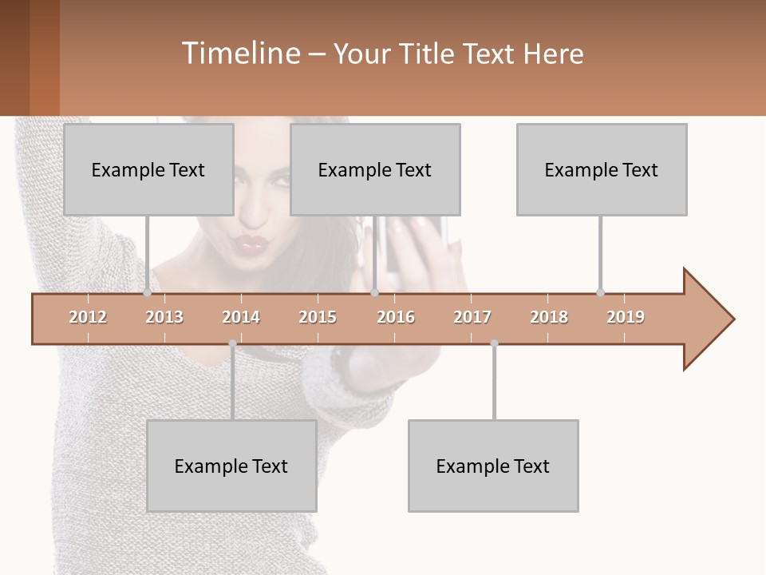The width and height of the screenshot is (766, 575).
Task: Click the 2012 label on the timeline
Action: [x=88, y=317]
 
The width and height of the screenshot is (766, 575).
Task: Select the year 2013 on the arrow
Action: [x=164, y=317]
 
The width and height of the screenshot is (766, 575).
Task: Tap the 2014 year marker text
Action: [x=241, y=317]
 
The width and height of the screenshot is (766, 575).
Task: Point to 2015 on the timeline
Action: [x=318, y=317]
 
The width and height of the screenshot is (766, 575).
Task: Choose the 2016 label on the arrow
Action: [x=396, y=317]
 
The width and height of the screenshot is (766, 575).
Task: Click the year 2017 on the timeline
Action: [x=472, y=317]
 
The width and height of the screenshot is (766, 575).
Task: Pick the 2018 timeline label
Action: [x=549, y=317]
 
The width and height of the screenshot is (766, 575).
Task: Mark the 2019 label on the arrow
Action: [x=626, y=317]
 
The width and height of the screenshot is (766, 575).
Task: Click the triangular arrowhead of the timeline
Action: [x=706, y=319]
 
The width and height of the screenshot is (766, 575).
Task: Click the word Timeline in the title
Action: [x=239, y=54]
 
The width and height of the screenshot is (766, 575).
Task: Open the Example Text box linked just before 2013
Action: [x=148, y=169]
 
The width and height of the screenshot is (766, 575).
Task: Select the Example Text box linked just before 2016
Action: [x=375, y=169]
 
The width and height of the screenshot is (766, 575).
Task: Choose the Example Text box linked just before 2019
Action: [x=602, y=169]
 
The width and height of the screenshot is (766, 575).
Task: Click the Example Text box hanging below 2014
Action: [x=231, y=466]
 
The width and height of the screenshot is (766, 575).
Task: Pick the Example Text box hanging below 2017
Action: [x=493, y=466]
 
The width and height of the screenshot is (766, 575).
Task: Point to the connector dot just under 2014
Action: [x=232, y=343]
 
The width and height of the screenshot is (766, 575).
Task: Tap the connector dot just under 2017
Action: [x=494, y=343]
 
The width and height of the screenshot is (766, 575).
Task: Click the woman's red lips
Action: [x=252, y=243]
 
